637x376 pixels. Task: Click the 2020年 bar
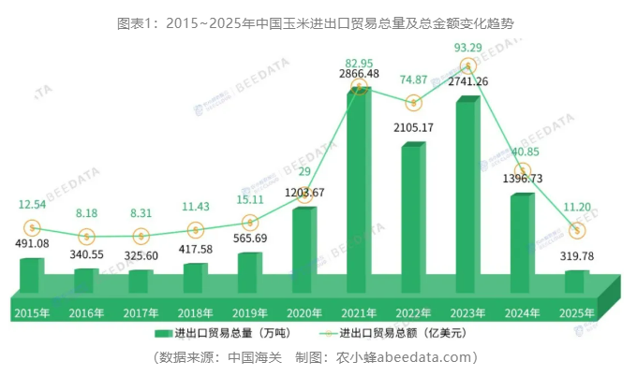pyautogui.click(x=304, y=248)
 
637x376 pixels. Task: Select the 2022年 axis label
pyautogui.click(x=413, y=313)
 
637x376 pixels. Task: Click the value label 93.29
pyautogui.click(x=468, y=46)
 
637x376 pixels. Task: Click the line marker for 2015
pyautogui.click(x=32, y=227)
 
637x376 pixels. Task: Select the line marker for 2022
pyautogui.click(x=413, y=101)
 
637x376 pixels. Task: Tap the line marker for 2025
pyautogui.click(x=578, y=230)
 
